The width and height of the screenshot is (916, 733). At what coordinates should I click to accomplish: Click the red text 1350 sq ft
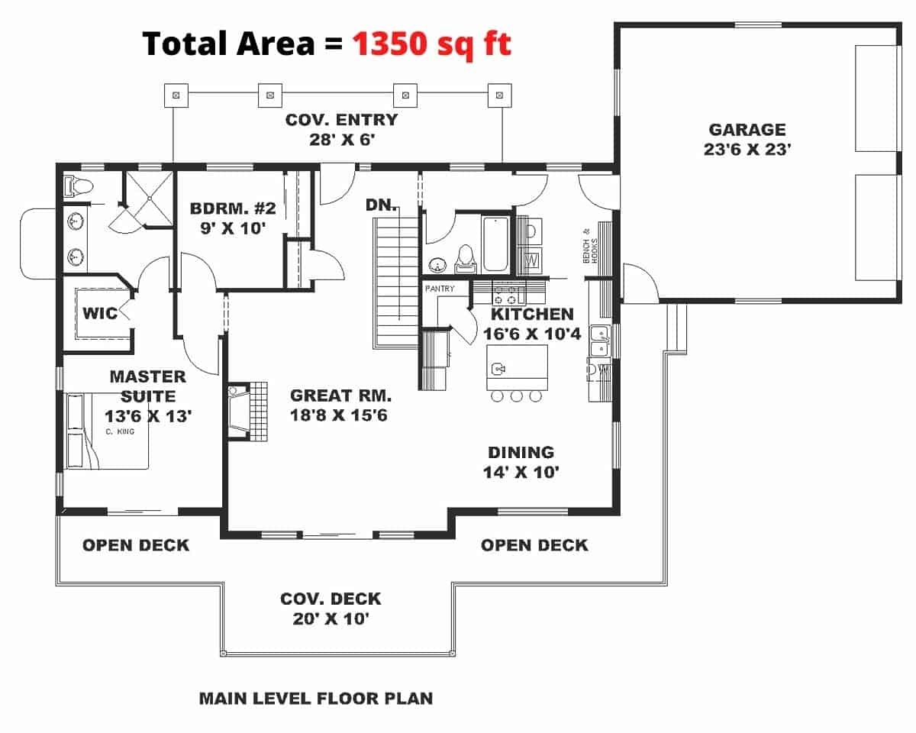[x=431, y=44]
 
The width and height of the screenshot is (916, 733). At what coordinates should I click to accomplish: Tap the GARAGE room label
[x=747, y=130]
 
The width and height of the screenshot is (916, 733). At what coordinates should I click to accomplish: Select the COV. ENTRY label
[x=341, y=120]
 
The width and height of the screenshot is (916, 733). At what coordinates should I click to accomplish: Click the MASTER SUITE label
[x=147, y=386]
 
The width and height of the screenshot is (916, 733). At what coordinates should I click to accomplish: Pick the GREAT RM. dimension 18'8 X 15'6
[x=340, y=415]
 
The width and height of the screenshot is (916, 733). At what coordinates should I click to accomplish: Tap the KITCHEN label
[x=532, y=314]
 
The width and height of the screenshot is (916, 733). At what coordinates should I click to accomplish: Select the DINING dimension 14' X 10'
[x=521, y=472]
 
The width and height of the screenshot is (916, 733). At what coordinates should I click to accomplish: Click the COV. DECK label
[x=331, y=599]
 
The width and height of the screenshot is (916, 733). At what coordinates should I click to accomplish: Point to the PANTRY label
[x=440, y=289]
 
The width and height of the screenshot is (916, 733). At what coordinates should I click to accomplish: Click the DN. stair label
[x=379, y=205]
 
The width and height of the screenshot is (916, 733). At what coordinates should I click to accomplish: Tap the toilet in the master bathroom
[x=78, y=186]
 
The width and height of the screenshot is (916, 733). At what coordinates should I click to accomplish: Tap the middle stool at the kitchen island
[x=516, y=396]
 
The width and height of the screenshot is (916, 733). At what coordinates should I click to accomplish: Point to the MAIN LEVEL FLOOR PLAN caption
[x=315, y=698]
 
